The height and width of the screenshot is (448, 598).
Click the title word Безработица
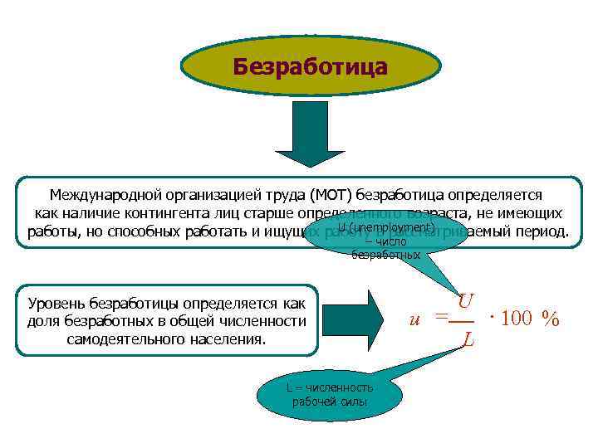310,66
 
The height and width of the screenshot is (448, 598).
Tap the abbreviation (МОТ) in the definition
331,196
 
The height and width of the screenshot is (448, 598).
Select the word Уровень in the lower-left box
59,304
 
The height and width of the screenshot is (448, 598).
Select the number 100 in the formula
517,319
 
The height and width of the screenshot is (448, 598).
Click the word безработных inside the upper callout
386,255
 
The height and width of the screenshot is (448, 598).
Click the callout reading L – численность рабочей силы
330,395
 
